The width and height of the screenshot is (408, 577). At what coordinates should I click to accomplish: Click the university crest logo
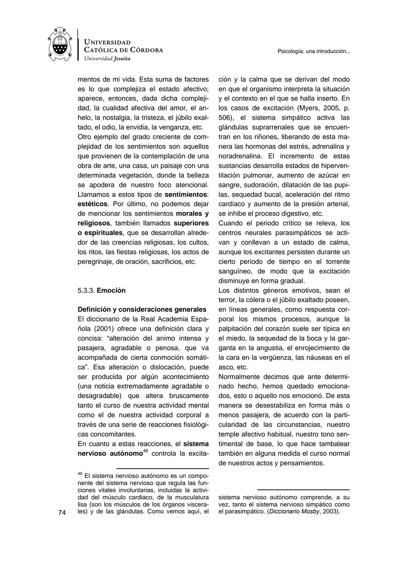point(60,45)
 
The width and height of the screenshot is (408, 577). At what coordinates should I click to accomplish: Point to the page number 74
point(62,512)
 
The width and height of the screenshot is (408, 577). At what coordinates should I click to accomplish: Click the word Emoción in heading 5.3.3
point(111,291)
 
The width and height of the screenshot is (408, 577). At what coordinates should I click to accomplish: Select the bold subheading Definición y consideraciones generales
point(142,309)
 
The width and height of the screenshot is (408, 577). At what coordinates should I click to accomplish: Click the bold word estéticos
point(93,204)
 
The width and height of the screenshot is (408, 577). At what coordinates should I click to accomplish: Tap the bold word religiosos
point(94,223)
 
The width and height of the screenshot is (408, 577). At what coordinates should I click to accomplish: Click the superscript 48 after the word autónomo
point(145,451)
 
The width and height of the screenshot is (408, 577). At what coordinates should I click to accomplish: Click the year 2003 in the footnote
point(331,512)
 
